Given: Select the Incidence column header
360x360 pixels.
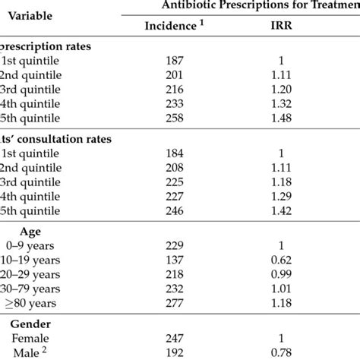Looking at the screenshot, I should [x=173, y=25].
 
